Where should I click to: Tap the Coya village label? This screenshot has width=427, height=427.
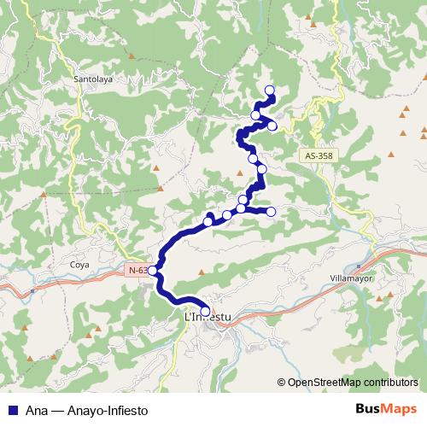coord(79,265)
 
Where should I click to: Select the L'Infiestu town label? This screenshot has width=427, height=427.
coord(208,318)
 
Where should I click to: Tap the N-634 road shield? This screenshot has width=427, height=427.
coord(135,271)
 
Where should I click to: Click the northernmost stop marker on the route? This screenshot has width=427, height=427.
coord(270,91)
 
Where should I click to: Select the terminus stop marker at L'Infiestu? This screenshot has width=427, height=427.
coord(205,310)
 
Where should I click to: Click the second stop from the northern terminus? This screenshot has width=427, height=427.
coord(255,115)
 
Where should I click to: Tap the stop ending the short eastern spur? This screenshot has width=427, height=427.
coord(271,211)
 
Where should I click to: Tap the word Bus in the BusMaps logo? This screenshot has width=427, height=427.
coord(367,409)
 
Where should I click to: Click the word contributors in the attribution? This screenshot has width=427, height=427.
coord(389,383)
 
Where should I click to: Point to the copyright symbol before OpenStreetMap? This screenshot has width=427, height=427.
coord(282,383)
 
